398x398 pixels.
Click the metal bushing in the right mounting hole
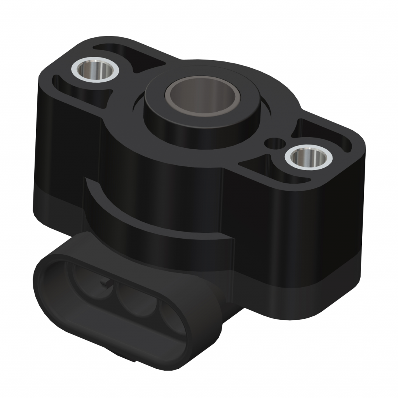point(308,157)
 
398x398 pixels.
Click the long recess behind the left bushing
point(128,54)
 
